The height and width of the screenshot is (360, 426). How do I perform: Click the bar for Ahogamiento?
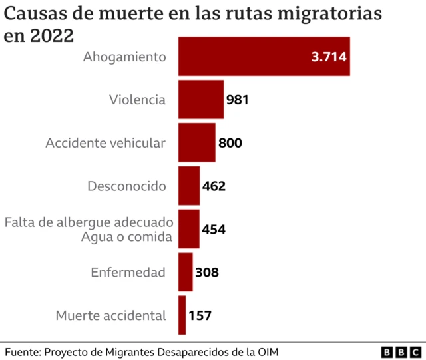[x=264, y=57]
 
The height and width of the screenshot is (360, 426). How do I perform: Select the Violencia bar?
[x=200, y=100]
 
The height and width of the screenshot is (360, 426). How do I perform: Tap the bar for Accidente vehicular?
[x=196, y=142]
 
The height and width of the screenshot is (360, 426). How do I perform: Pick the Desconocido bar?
[x=189, y=186]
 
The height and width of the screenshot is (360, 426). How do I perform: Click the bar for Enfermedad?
[x=185, y=272]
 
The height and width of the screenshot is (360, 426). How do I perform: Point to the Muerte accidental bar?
[x=182, y=315]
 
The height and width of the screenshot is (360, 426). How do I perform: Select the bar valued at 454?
[x=188, y=229]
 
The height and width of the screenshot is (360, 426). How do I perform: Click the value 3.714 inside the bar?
[x=329, y=57]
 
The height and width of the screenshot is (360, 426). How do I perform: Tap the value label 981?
[x=238, y=100]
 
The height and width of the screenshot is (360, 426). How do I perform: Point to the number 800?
[x=230, y=143]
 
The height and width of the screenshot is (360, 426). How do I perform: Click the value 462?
[x=214, y=186]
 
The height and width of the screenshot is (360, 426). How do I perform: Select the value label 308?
[x=206, y=272]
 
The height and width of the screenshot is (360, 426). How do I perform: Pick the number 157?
[x=200, y=315]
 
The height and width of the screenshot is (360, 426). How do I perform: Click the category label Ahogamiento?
[x=124, y=57]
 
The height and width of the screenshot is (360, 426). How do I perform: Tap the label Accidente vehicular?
[x=105, y=143]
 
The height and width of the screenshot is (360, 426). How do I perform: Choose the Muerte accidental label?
[x=110, y=315]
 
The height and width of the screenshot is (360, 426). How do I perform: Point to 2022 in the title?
[x=50, y=35]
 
